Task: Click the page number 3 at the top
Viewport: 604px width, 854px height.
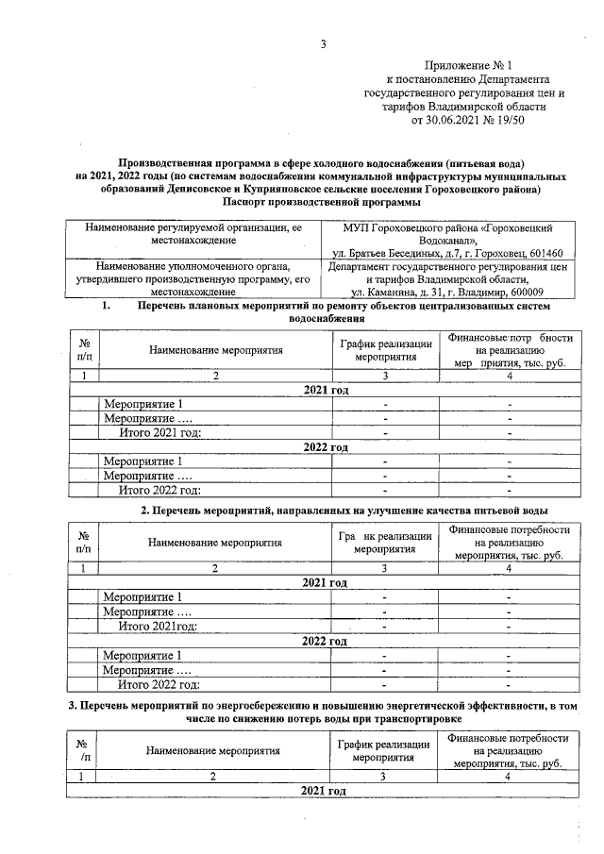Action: (x=324, y=43)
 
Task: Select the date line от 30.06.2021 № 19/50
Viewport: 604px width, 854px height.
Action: (x=466, y=121)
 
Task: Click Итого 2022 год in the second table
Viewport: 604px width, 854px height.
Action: (x=159, y=685)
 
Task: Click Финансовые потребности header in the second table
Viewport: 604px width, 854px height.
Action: (x=508, y=543)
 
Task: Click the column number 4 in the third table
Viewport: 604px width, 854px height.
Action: (x=508, y=776)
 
